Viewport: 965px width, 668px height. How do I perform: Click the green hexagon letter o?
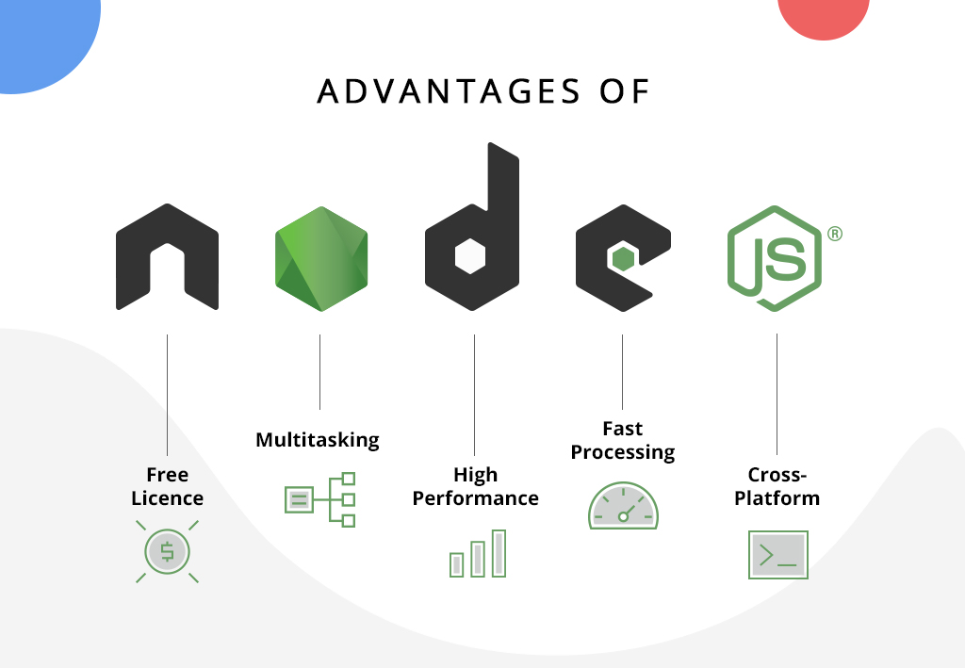(320, 257)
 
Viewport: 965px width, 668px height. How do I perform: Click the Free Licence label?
(167, 486)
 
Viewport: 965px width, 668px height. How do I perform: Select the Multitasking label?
(318, 440)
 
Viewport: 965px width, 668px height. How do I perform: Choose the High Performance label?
(475, 486)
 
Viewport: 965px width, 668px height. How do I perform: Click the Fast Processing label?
(622, 440)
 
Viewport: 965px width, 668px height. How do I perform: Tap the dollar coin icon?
(167, 551)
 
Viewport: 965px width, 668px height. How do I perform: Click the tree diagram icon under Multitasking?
(319, 499)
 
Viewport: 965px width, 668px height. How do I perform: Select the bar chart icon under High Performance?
(478, 553)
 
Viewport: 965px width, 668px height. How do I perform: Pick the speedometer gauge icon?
(623, 507)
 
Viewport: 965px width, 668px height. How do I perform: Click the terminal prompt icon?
(777, 555)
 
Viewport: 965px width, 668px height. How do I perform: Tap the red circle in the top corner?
(822, 13)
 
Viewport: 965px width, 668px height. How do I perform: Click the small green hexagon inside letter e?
(621, 256)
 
